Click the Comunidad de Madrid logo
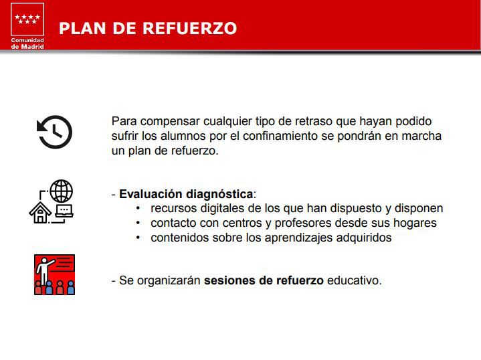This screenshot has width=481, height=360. coord(27,25)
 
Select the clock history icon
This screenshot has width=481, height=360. coord(54,132)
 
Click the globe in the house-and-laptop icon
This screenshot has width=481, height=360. coord(61,191)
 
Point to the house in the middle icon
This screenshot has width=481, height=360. coord(40,213)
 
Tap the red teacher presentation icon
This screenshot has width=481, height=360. coord(54,274)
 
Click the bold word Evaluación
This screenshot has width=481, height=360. coord(151,194)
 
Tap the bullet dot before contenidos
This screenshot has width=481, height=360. coord(138,238)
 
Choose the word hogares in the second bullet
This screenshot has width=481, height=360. coord(415,223)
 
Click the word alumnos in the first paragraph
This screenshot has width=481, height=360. coord(173,136)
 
